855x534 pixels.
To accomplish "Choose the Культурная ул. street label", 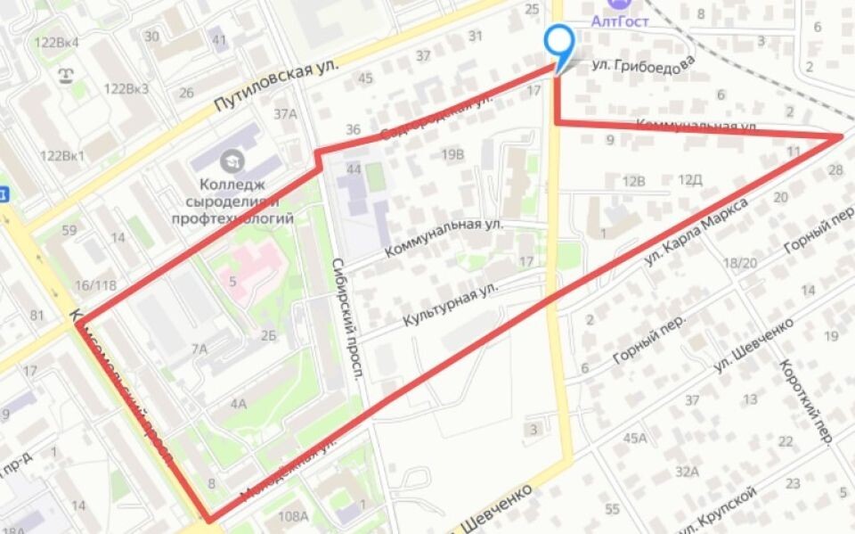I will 449,305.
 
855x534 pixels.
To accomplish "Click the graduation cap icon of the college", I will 233,160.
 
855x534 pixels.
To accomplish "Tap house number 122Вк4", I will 56,42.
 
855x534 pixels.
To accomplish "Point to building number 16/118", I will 96,285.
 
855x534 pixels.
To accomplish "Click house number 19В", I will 452,153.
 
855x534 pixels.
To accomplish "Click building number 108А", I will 293,516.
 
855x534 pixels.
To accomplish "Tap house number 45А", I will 635,438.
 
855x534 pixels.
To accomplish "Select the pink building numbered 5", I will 233,283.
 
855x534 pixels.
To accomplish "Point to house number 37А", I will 285,113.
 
